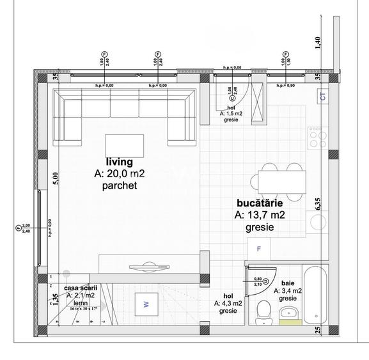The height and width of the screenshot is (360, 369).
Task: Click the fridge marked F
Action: pyautogui.click(x=259, y=248)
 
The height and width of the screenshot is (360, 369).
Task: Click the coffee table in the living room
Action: pyautogui.click(x=124, y=146)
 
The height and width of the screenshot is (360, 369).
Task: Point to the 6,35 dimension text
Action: pyautogui.click(x=318, y=204)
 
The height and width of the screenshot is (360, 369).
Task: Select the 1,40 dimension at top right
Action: pyautogui.click(x=318, y=43)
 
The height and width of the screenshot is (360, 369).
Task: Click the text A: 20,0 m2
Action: pyautogui.click(x=120, y=173)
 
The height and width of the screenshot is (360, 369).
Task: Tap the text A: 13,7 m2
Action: pyautogui.click(x=259, y=215)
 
